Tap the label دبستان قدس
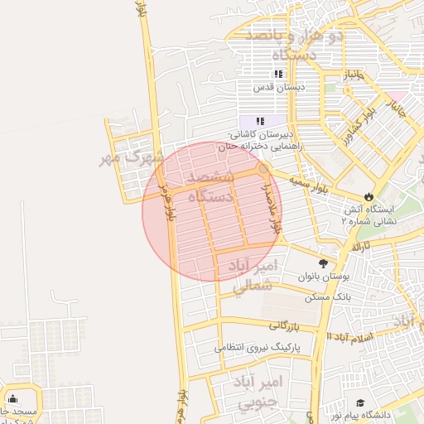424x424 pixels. point(279,86)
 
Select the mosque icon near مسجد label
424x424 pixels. point(12,398)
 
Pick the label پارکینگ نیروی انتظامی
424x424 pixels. point(259,348)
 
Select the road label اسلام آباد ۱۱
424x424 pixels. point(350,337)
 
